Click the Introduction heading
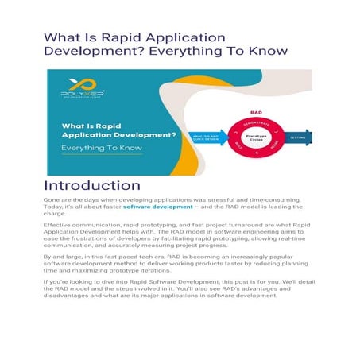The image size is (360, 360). (x=94, y=188)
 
